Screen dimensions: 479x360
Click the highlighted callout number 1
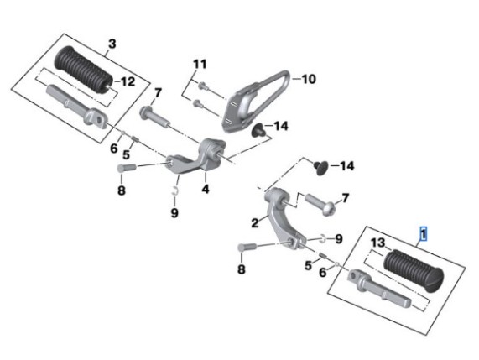(x=424, y=234)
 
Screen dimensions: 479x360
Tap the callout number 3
(x=112, y=44)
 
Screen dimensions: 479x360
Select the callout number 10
(x=309, y=79)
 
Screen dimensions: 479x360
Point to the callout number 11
(x=200, y=64)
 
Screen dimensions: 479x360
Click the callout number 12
(x=128, y=81)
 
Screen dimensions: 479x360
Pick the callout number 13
(x=378, y=243)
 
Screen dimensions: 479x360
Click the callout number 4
(x=206, y=189)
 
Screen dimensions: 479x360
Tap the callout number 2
(x=255, y=222)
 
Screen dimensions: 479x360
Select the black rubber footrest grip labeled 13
(x=414, y=271)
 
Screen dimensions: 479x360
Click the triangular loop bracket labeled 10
(x=257, y=102)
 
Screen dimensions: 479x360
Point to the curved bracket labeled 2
(x=284, y=219)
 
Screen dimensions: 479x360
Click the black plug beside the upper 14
(x=258, y=130)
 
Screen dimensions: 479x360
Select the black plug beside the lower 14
(x=320, y=168)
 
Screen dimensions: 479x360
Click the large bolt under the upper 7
(x=154, y=115)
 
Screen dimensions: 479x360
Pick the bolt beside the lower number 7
(x=320, y=204)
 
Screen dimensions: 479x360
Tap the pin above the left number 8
(x=126, y=168)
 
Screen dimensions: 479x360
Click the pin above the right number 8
(x=247, y=247)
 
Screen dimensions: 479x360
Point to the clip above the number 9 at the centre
(x=175, y=190)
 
